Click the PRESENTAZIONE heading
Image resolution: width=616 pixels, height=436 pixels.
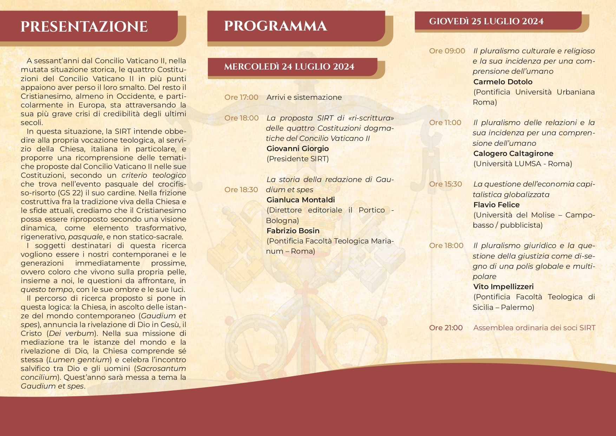[84, 27]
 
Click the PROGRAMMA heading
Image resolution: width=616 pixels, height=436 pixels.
[275, 26]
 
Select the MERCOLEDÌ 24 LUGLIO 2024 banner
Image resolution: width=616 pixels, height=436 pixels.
[289, 67]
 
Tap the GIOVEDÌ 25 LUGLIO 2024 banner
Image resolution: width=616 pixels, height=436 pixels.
[486, 21]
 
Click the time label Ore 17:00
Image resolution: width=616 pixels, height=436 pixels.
[241, 97]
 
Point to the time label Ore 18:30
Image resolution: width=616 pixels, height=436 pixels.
[241, 190]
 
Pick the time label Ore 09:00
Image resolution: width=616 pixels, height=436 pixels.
[447, 51]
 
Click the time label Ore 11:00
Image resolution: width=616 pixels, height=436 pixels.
[445, 123]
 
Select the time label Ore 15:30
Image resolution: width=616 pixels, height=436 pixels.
[445, 184]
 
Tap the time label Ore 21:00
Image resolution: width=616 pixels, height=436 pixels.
[446, 328]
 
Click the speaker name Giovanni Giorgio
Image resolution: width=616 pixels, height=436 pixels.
[297, 149]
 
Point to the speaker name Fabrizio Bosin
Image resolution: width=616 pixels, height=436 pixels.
[293, 231]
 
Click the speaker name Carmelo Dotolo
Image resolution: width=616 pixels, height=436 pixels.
[503, 82]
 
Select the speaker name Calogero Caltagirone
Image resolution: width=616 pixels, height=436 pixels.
[513, 154]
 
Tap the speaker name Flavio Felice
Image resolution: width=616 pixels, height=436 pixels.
[496, 205]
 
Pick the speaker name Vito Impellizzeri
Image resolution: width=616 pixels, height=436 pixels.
[503, 287]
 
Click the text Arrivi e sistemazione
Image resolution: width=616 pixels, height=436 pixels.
[304, 97]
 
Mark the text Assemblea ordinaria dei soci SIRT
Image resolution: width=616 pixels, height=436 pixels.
[534, 328]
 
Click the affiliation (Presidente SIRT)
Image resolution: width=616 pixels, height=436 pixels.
[297, 159]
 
